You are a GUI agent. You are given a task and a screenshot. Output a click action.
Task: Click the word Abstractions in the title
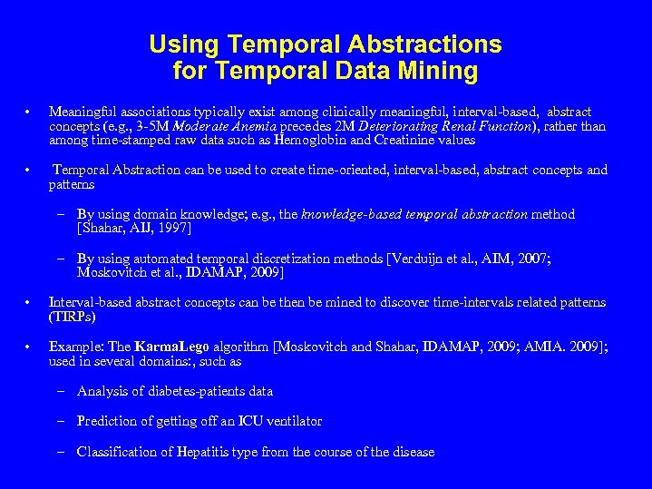coord(436,44)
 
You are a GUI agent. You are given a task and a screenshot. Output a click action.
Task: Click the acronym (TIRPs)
coord(72,318)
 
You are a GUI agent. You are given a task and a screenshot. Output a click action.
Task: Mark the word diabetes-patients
coord(190,392)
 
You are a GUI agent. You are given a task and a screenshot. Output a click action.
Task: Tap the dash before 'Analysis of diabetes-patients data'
coord(59,392)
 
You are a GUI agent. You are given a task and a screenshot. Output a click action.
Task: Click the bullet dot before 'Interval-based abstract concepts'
coord(30,303)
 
